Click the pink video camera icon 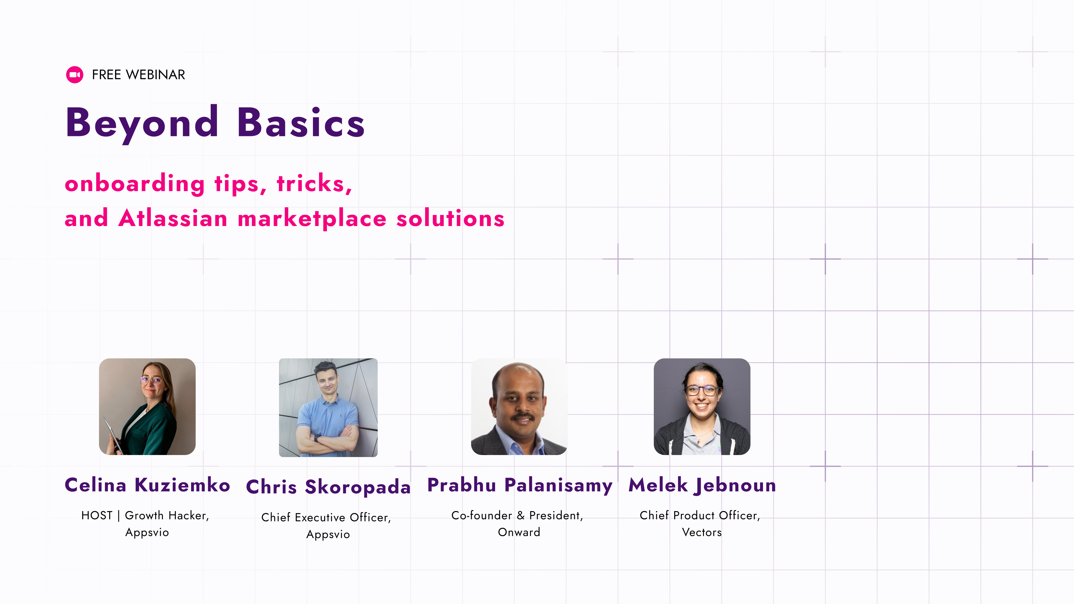75,75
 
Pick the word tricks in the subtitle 314,183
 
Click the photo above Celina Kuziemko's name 147,406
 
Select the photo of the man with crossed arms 328,407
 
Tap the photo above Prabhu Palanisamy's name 519,406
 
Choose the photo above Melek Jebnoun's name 702,406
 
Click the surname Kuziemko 182,485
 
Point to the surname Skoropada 358,487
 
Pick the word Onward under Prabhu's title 519,532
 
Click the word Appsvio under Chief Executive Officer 328,534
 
